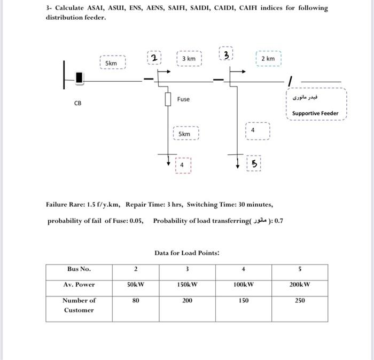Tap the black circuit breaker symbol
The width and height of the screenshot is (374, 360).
[80, 78]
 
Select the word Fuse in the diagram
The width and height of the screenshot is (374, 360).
[183, 99]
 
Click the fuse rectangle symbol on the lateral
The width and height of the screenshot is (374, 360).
[168, 100]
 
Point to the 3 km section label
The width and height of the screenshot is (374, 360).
[189, 58]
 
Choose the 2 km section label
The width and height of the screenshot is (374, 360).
[268, 58]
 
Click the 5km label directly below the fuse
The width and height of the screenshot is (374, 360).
[184, 134]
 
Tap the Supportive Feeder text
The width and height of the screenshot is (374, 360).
[315, 113]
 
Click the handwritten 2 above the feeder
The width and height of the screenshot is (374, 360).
[153, 58]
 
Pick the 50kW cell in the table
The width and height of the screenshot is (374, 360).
[136, 284]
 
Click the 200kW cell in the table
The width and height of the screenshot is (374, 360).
[300, 284]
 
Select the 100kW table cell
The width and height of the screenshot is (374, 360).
[244, 284]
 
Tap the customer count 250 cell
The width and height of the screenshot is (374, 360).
[300, 301]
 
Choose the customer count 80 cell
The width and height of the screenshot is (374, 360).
[136, 301]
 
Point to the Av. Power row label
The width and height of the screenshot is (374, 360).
[79, 284]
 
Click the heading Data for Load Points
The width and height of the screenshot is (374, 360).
[187, 253]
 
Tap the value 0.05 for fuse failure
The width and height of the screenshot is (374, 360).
[136, 221]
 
